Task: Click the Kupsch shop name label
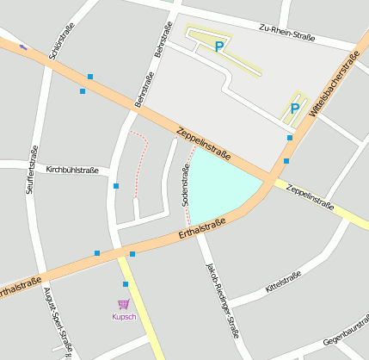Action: coord(124,316)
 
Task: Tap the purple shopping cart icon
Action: coord(123,304)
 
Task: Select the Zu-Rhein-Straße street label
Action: coord(286,33)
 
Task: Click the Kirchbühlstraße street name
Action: coord(72,171)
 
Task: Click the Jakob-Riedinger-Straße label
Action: coord(221,297)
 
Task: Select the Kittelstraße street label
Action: coord(283,281)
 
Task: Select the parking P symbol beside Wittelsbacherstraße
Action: coord(294,109)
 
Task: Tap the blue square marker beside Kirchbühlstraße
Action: coord(116,185)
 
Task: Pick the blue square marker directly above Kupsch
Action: coord(126,284)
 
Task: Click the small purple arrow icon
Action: coord(23,47)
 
